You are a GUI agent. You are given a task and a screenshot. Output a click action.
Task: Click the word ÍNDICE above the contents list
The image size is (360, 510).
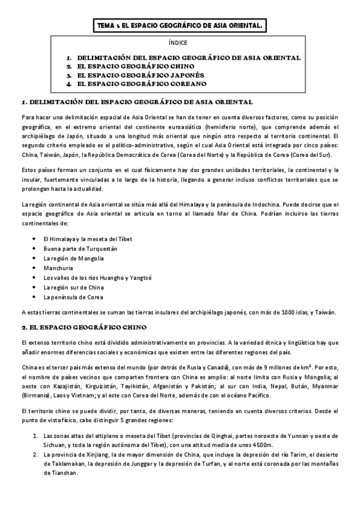pos(179,43)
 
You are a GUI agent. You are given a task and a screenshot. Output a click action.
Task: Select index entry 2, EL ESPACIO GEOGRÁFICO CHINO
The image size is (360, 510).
pos(135,66)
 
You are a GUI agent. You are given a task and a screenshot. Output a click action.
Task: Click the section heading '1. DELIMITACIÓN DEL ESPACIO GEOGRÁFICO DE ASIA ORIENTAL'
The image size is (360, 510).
pos(136,102)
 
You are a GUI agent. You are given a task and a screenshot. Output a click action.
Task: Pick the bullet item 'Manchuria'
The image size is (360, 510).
pos(58,268)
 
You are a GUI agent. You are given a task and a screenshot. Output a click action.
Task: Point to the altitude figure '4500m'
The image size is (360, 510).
pos(263,444)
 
